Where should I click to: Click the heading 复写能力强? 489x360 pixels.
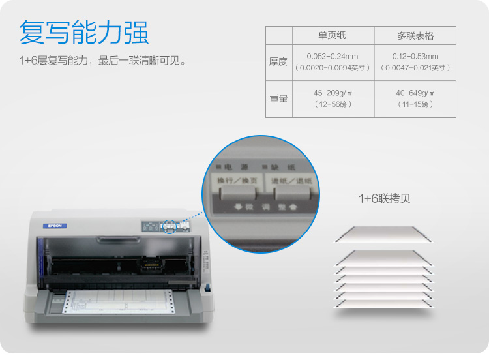[x=83, y=33]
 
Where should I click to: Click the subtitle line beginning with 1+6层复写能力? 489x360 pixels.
[x=103, y=62]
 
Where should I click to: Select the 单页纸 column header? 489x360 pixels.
[x=333, y=35]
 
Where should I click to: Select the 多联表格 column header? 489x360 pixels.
[x=415, y=35]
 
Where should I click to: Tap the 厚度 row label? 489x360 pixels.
[x=278, y=62]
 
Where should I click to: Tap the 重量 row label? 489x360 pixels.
[x=278, y=98]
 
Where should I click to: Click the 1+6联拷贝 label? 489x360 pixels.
[x=384, y=198]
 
